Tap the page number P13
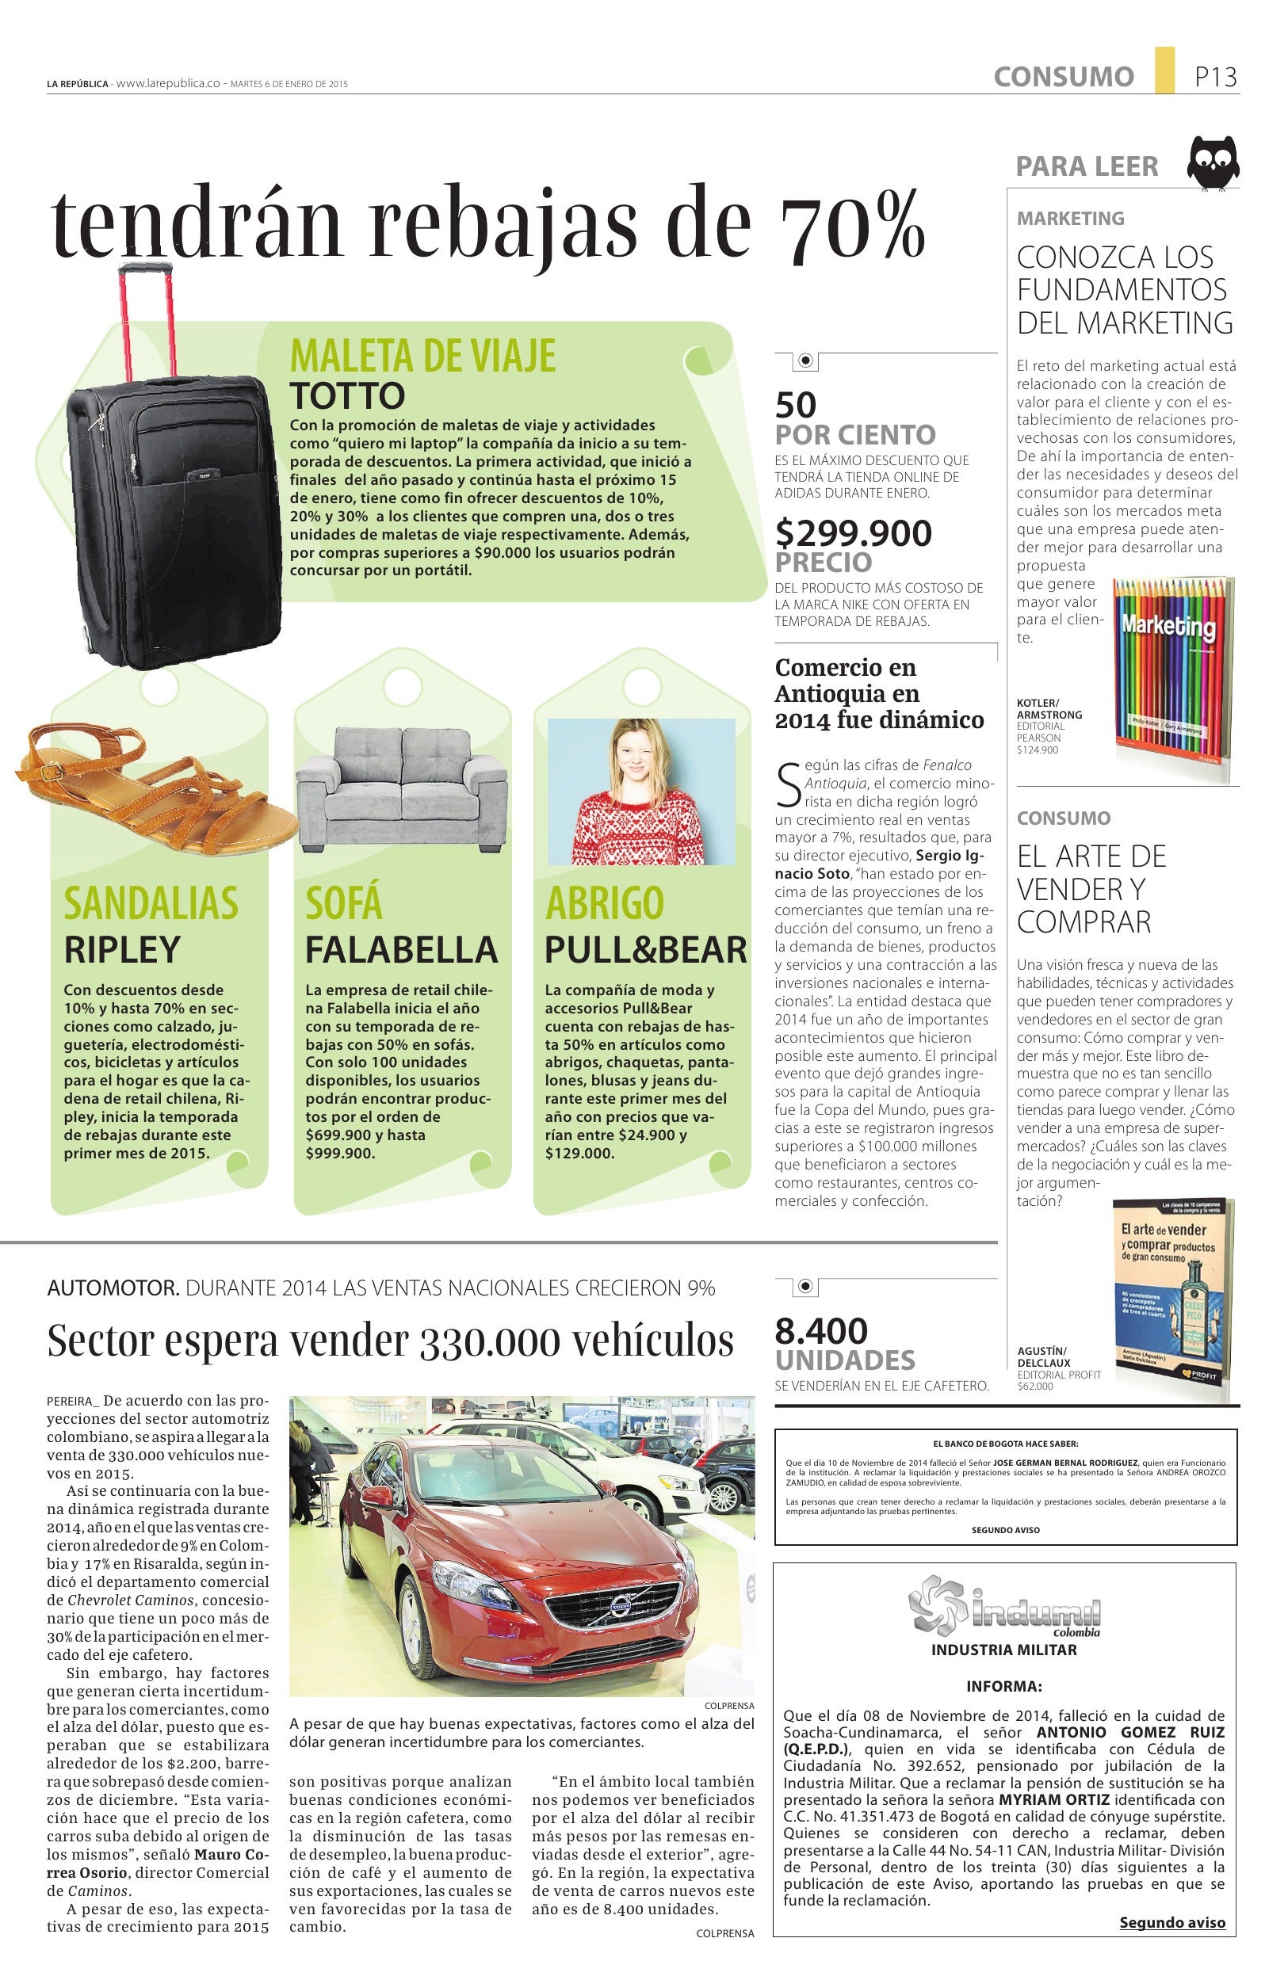pyautogui.click(x=1216, y=78)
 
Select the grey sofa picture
pyautogui.click(x=402, y=787)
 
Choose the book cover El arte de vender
pyautogui.click(x=1172, y=1300)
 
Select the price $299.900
pyautogui.click(x=853, y=533)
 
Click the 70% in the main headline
pyautogui.click(x=851, y=225)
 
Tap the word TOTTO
pyautogui.click(x=347, y=396)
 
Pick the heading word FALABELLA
pyautogui.click(x=401, y=949)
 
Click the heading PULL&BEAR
pyautogui.click(x=646, y=949)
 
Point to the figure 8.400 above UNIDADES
pyautogui.click(x=820, y=1332)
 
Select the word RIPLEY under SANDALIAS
pyautogui.click(x=122, y=949)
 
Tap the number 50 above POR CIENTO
pyautogui.click(x=796, y=405)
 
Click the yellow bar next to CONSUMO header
pyautogui.click(x=1164, y=70)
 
